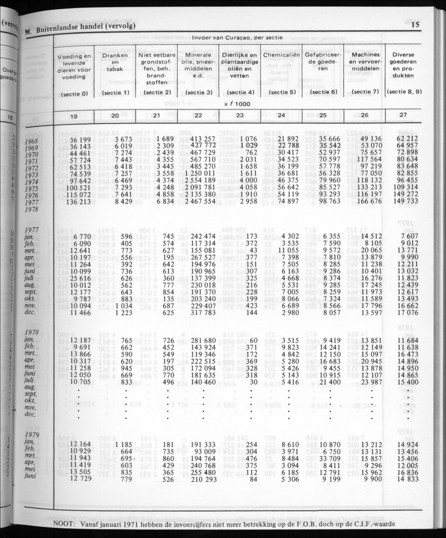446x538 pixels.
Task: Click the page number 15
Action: point(415,24)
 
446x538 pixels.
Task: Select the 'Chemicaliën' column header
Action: point(282,55)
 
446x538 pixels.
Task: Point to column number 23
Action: point(239,117)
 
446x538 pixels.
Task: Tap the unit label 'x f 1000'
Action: point(239,104)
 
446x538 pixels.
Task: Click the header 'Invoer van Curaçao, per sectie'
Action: point(238,38)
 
